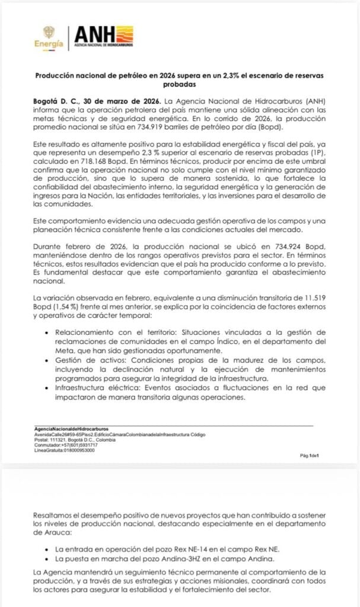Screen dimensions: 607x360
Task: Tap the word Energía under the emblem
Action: (49, 44)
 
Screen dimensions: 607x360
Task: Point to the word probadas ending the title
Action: (180, 84)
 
